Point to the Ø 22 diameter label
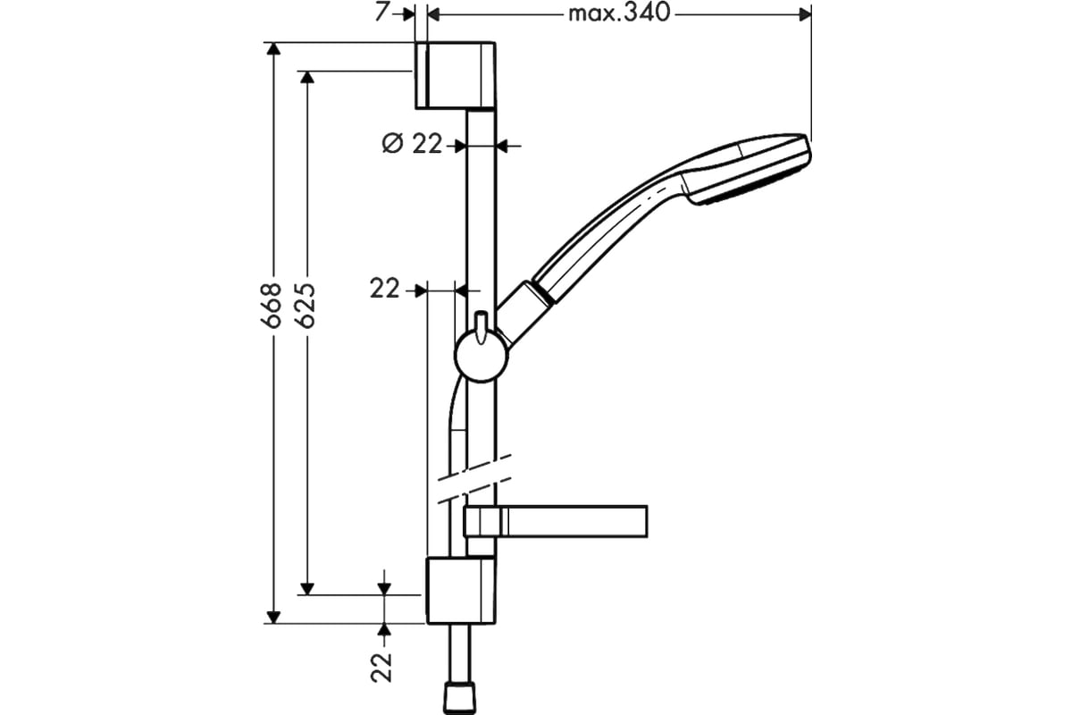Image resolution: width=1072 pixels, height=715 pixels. pos(412,143)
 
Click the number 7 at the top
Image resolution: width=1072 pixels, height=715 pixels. pos(381,13)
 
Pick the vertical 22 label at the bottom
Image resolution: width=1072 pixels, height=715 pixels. pos(381,666)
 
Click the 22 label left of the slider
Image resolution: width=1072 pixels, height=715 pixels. pos(384,290)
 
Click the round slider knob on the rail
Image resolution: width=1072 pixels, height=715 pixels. pos(481,356)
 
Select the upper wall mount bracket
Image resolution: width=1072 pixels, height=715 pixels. pos(455,76)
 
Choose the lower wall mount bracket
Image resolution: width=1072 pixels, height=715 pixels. pos(461,591)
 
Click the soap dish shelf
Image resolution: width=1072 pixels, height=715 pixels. pos(555,521)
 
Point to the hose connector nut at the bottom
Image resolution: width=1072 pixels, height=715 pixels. pos(460,698)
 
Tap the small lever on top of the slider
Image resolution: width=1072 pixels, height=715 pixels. pos(481,326)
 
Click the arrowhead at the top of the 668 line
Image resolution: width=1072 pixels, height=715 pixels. pos(273,49)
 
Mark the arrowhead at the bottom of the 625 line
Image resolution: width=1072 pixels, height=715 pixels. pos(306,588)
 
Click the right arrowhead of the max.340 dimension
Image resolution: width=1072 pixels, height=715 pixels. pos(805,15)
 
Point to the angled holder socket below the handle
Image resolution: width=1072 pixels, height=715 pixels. pos(524,314)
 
